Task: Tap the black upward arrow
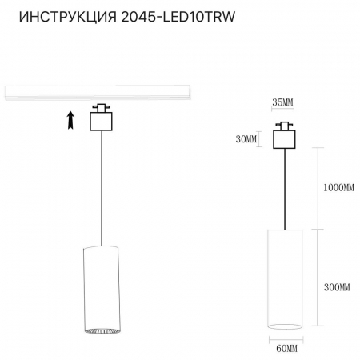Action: (70, 121)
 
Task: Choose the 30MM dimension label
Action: (248, 139)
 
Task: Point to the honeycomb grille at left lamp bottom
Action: (100, 330)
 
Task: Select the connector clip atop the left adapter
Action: (100, 107)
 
